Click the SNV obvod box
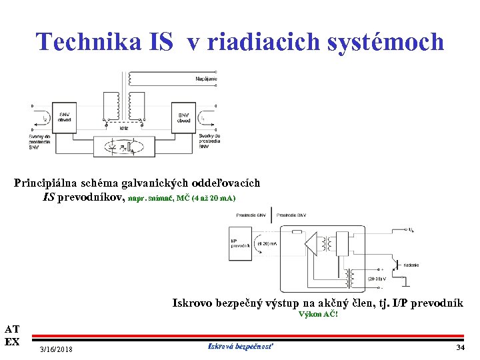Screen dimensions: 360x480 tap(65, 117)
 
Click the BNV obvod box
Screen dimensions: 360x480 tap(184, 117)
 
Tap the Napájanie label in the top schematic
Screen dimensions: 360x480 tap(206, 79)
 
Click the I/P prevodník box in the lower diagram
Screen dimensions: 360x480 tap(239, 243)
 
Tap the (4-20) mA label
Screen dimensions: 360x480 tap(267, 244)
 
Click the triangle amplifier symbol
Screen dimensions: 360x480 tap(309, 245)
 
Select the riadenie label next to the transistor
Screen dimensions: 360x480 tap(411, 265)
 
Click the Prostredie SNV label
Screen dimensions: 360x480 tap(251, 215)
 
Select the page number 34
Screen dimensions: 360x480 tap(460, 347)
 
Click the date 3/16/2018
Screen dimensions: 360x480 tap(57, 350)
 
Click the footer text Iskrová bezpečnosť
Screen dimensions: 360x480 tap(241, 346)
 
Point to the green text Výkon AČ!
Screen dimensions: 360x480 tap(319, 314)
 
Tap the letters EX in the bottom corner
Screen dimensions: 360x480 tap(12, 341)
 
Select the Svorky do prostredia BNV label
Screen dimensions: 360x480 tap(209, 141)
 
